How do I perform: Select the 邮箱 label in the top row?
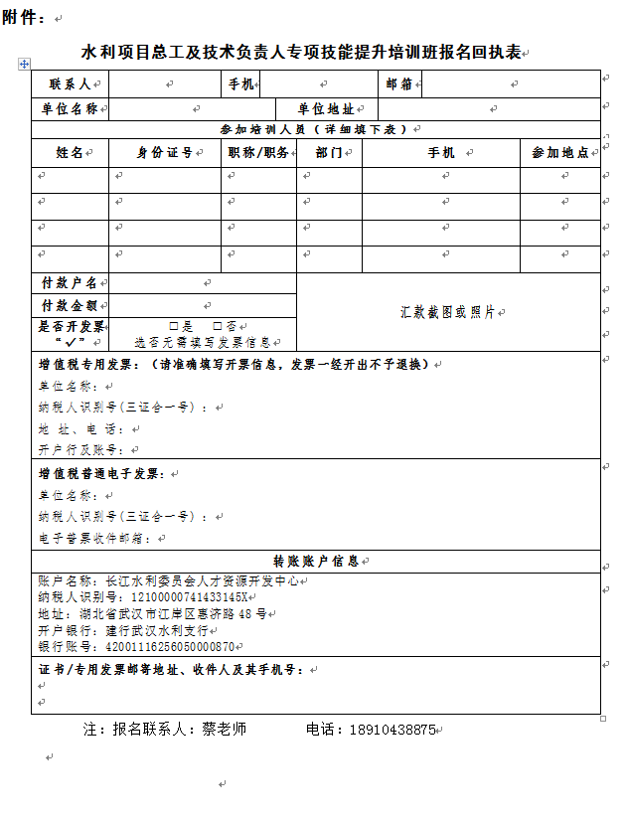(x=399, y=84)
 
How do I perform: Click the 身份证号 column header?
(x=165, y=153)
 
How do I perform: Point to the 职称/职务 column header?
(x=258, y=153)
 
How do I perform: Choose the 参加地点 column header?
(x=559, y=153)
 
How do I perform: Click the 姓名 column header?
(x=70, y=153)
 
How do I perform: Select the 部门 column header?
(x=328, y=153)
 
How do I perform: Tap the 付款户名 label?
(x=69, y=283)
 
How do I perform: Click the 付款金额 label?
(x=69, y=306)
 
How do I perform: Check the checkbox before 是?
(x=174, y=326)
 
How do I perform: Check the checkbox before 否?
(x=217, y=326)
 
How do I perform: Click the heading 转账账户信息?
(x=316, y=561)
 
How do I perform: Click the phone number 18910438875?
(x=392, y=730)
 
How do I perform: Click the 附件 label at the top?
(x=24, y=18)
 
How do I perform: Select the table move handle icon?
(x=24, y=64)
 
